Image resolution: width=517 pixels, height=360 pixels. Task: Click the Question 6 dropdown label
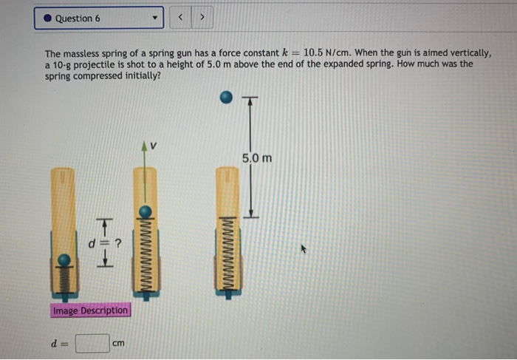tap(78, 18)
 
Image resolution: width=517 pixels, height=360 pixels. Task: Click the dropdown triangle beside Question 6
tap(154, 18)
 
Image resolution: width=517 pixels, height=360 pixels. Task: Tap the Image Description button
tap(90, 310)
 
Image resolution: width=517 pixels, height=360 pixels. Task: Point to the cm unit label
tap(119, 344)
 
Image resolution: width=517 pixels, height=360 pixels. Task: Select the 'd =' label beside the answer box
tap(56, 344)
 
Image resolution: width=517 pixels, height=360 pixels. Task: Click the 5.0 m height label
tap(257, 158)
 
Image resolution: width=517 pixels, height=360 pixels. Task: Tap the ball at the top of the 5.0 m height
tap(227, 97)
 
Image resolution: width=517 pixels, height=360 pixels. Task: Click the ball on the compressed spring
tap(65, 259)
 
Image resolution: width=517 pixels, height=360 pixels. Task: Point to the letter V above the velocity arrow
tap(154, 146)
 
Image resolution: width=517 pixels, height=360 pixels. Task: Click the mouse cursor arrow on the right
tap(302, 250)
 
